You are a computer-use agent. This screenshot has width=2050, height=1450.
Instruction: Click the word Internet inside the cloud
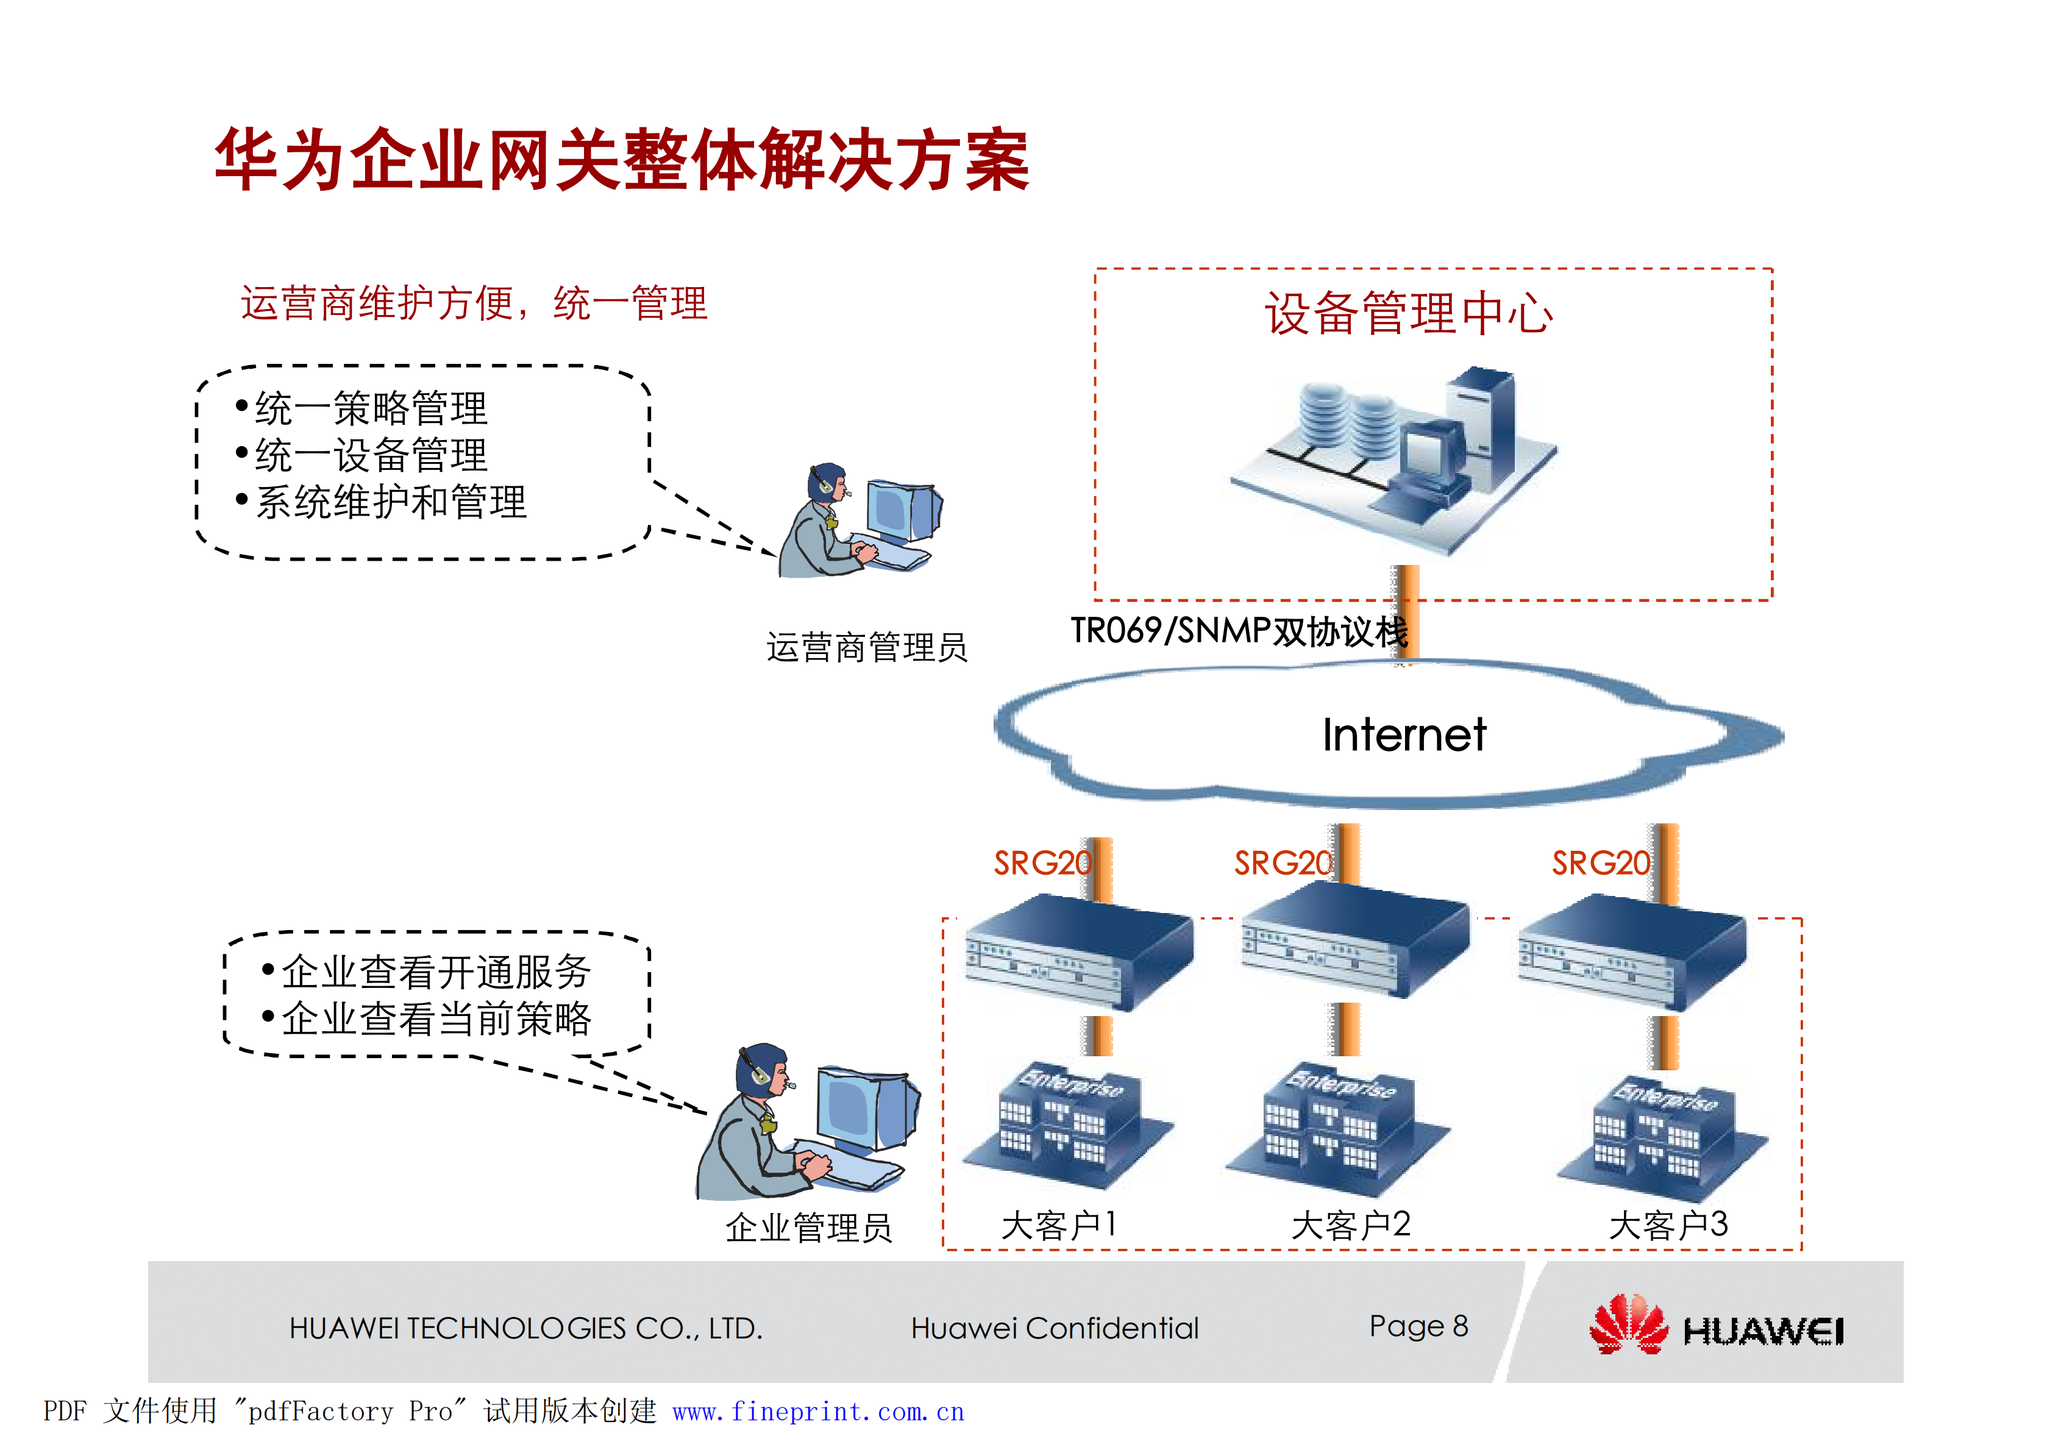click(1404, 735)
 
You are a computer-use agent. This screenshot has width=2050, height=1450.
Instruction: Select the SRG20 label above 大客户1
click(1041, 864)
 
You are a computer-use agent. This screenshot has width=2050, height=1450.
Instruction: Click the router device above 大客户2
click(1355, 942)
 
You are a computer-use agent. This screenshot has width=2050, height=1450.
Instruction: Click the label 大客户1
click(1058, 1225)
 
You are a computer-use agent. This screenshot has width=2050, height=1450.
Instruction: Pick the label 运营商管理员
click(866, 647)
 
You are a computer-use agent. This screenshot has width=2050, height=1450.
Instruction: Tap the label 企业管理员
click(808, 1228)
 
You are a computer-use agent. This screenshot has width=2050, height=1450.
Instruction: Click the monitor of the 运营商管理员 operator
click(902, 511)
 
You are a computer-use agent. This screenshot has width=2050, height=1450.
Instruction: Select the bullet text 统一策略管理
click(371, 409)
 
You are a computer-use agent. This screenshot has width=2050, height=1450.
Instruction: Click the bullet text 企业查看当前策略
click(436, 1018)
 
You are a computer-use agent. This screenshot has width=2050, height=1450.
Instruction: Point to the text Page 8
click(1418, 1326)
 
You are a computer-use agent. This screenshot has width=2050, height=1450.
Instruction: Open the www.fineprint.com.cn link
click(818, 1412)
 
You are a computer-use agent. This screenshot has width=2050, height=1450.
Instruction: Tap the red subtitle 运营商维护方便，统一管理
click(473, 304)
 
